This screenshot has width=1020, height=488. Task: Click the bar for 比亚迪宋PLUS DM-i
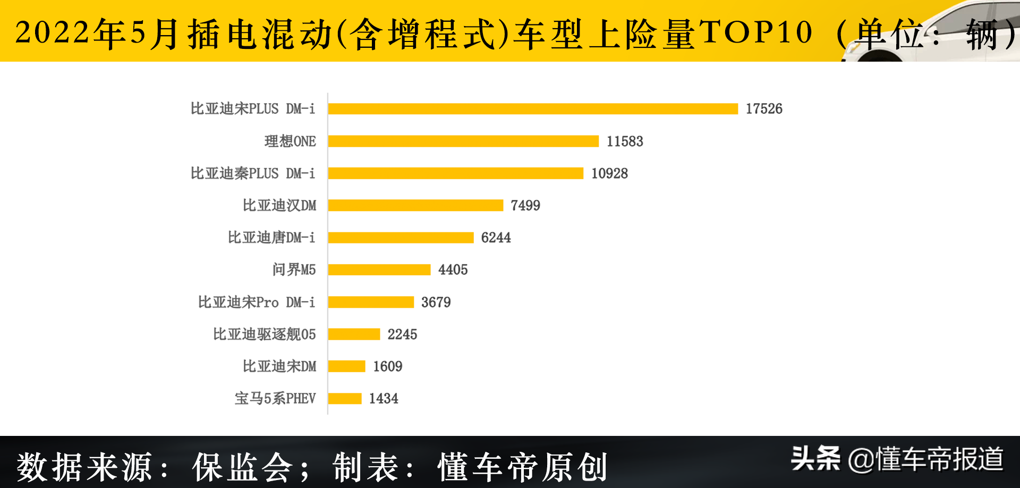(x=533, y=109)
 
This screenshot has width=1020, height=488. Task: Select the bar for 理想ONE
(x=463, y=141)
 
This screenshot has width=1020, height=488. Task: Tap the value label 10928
(x=609, y=174)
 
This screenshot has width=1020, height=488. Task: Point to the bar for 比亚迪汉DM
(x=415, y=206)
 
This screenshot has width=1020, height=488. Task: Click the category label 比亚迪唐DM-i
(x=271, y=238)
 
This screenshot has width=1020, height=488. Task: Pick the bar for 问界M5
(x=379, y=270)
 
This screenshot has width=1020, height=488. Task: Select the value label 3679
(x=436, y=302)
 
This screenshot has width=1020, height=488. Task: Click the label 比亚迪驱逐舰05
(x=265, y=334)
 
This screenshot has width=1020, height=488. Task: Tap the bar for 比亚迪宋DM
(x=346, y=366)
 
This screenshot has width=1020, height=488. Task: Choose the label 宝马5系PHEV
(x=275, y=399)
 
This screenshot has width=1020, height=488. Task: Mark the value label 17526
(x=763, y=109)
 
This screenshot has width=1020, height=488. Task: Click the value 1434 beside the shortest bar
(x=384, y=399)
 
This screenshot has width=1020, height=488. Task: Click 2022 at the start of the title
(x=52, y=32)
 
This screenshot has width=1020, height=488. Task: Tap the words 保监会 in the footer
(x=242, y=467)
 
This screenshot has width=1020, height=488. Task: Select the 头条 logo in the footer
(x=816, y=458)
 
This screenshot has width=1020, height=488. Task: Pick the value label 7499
(x=525, y=206)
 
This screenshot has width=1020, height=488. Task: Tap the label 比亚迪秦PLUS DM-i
(x=253, y=174)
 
